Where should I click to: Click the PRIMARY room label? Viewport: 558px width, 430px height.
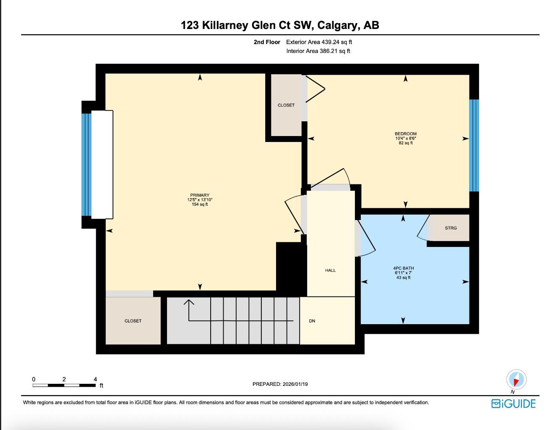coord(200,195)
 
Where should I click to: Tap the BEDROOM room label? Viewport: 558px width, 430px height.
coord(405,134)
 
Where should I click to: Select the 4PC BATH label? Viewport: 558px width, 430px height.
coord(403,268)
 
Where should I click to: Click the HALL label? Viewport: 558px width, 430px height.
coord(330,270)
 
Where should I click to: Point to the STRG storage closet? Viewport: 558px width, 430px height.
coord(451,228)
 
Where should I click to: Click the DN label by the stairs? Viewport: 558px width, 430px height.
coord(312,321)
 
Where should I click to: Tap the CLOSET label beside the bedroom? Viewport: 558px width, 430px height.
coord(286,105)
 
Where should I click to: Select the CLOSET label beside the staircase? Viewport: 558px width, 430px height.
coord(133,321)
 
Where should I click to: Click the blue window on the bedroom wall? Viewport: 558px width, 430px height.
coord(474,145)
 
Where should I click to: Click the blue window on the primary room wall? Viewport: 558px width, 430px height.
coord(86,165)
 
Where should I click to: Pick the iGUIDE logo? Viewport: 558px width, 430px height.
coord(514,404)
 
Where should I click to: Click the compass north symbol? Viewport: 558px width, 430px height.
coord(516,380)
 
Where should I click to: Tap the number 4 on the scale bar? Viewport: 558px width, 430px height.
coord(95,379)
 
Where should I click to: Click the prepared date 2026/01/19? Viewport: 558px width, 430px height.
coord(295,384)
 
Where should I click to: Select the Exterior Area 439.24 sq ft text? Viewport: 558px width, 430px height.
coord(319,42)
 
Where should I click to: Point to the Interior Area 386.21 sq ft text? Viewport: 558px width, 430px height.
coord(318,51)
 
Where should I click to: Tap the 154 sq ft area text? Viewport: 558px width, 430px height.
coord(200,205)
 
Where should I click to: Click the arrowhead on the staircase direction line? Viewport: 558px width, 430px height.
coord(189,301)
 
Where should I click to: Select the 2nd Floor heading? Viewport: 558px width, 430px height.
coord(267,42)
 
